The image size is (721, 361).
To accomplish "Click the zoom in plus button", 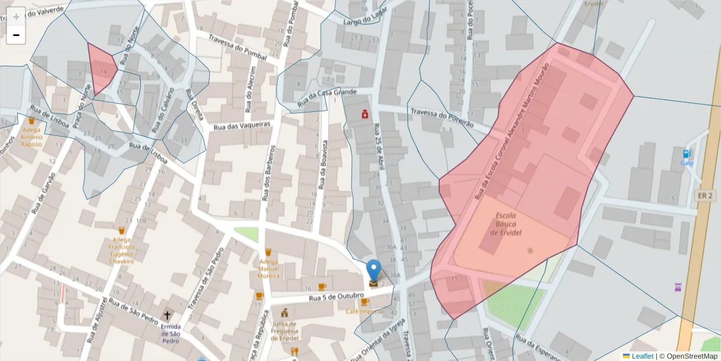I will click(16, 16).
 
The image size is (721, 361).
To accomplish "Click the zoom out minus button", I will click(16, 35).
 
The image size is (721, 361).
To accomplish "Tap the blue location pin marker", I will click(374, 272).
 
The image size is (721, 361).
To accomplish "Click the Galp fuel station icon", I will click(687, 154).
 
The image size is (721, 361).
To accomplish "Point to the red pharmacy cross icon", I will click(365, 114).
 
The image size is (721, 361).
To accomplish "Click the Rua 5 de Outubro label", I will click(336, 297).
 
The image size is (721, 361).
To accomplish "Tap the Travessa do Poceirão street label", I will click(442, 118).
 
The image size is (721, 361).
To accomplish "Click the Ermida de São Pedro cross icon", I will click(167, 315).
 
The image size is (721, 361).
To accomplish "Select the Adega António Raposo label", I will click(31, 137).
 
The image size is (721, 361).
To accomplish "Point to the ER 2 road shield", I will click(705, 196).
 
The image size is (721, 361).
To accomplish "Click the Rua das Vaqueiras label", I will click(241, 125).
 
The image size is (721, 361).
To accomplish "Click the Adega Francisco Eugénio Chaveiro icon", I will click(121, 230).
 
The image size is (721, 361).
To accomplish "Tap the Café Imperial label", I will click(364, 311).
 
